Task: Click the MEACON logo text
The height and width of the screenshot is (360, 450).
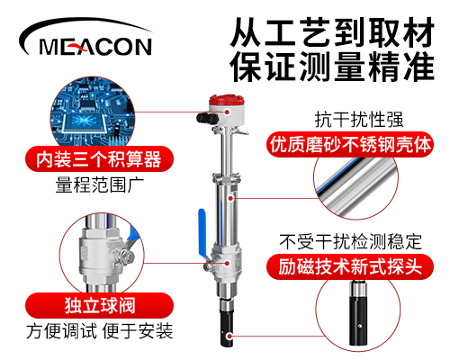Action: (x=95, y=47)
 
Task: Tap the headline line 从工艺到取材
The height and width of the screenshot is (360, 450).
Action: (x=332, y=32)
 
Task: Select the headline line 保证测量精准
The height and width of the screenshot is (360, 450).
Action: (x=332, y=67)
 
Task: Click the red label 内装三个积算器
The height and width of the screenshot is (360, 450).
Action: (x=99, y=159)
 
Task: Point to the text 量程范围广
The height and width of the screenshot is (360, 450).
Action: (x=100, y=185)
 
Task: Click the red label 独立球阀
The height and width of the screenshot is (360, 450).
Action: (x=99, y=306)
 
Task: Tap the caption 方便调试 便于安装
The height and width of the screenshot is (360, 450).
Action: (x=100, y=331)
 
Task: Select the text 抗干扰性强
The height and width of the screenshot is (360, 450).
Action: (x=359, y=120)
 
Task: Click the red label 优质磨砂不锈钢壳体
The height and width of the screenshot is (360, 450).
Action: (x=350, y=145)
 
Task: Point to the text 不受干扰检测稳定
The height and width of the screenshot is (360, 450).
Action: (x=350, y=242)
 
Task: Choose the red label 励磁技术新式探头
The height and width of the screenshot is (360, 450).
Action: (x=350, y=266)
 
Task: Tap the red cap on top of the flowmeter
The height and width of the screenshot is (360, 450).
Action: (x=226, y=100)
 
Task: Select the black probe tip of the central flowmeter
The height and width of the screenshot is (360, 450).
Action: (x=227, y=328)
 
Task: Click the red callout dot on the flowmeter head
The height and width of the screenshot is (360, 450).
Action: (x=228, y=112)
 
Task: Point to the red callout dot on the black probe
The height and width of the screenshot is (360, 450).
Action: (x=229, y=336)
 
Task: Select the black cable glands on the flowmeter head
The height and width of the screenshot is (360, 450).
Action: (x=206, y=118)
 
